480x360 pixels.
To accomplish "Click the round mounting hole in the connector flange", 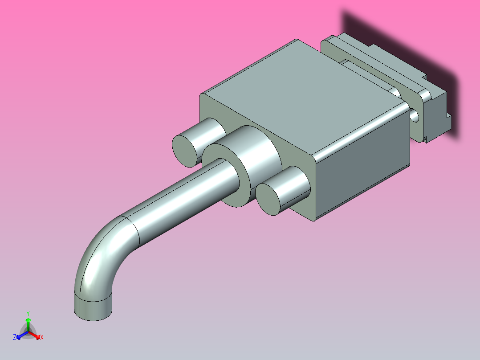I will pyautogui.click(x=415, y=115).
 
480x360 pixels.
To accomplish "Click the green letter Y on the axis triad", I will pyautogui.click(x=28, y=313).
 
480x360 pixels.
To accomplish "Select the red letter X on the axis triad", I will pyautogui.click(x=41, y=338).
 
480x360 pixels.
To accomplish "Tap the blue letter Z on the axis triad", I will pyautogui.click(x=15, y=337).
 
